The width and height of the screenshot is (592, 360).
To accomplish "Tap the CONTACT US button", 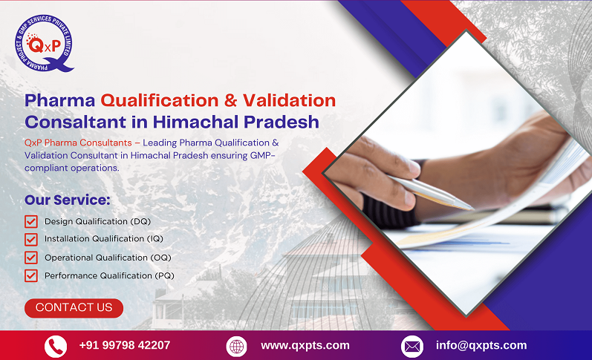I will (x=74, y=307).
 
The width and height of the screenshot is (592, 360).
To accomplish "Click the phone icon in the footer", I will (x=56, y=346).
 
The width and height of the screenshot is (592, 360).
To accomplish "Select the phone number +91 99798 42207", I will (x=125, y=345).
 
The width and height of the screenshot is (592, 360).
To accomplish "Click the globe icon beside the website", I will (x=237, y=346).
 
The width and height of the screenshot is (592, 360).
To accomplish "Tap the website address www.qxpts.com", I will (x=305, y=345).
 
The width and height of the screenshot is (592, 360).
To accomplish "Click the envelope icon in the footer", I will (x=412, y=346).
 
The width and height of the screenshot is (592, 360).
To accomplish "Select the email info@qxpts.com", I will (x=481, y=345).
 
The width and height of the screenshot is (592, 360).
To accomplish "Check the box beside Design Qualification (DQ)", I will (x=31, y=221).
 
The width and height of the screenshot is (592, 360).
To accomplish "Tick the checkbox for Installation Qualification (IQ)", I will (x=31, y=239).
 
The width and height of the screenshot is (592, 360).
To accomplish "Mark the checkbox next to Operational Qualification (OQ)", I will (x=31, y=258).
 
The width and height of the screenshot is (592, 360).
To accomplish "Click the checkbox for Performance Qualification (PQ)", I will (x=31, y=276).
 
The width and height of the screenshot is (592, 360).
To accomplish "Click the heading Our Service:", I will (x=68, y=200).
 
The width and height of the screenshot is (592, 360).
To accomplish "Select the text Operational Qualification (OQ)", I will (x=106, y=258).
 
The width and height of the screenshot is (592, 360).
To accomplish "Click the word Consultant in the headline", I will (x=68, y=121).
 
